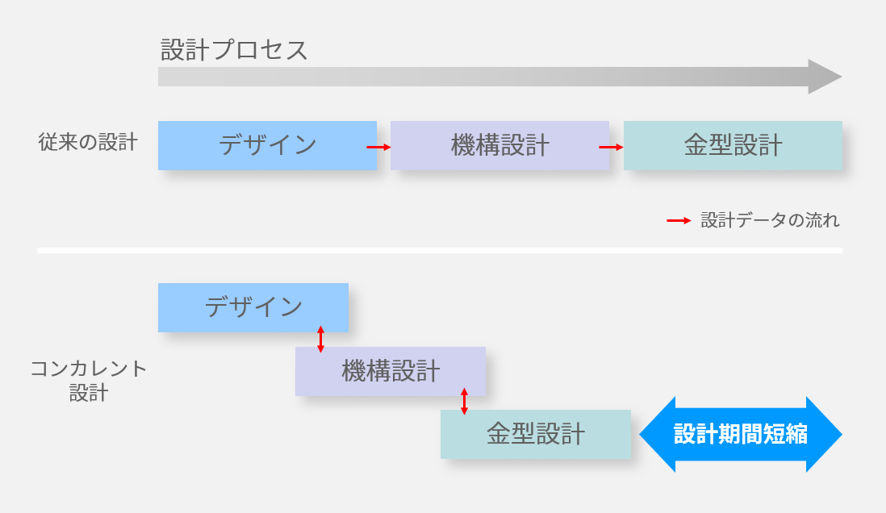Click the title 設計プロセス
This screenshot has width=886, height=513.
click(234, 50)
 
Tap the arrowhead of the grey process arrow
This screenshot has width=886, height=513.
click(826, 77)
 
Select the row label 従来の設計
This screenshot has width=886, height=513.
click(88, 143)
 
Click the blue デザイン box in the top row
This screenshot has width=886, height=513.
click(267, 145)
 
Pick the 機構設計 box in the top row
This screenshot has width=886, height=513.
click(499, 145)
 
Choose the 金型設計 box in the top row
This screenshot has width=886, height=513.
click(733, 145)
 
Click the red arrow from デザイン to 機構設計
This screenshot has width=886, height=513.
click(379, 147)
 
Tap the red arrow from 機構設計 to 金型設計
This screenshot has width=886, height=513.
click(612, 147)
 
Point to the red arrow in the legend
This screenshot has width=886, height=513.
click(679, 220)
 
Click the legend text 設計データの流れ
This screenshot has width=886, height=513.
click(770, 220)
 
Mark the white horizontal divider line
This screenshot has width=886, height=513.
click(440, 251)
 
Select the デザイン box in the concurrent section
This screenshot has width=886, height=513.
click(253, 307)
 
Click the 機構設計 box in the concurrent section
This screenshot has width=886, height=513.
click(391, 371)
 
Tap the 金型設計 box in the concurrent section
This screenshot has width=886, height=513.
click(535, 434)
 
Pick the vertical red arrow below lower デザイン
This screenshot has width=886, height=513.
click(321, 339)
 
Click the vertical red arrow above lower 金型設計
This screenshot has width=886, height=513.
click(464, 402)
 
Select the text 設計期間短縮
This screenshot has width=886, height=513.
click(741, 434)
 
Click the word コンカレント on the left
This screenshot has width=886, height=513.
click(89, 369)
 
